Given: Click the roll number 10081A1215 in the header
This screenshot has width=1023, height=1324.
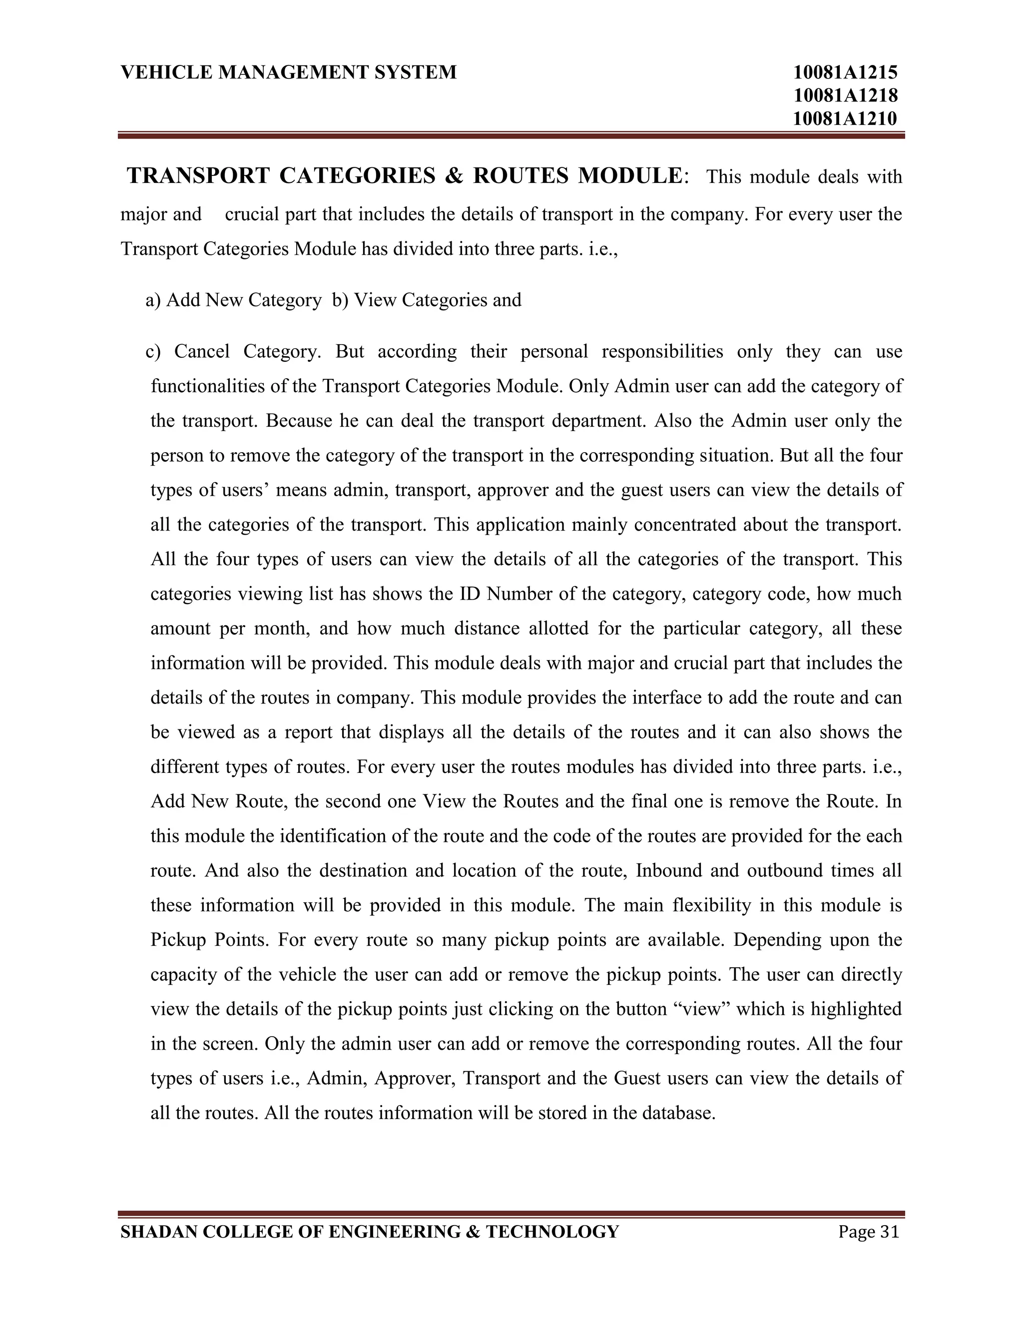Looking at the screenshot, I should [x=845, y=73].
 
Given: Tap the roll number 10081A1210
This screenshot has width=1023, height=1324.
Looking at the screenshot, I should [x=845, y=118].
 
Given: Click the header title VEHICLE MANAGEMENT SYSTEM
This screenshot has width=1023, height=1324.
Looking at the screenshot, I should [x=289, y=73].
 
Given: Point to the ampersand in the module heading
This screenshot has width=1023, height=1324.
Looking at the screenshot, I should [x=454, y=176].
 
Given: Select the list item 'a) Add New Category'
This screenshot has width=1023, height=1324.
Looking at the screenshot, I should [x=233, y=300].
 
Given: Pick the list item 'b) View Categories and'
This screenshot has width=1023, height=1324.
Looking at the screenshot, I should [x=427, y=300].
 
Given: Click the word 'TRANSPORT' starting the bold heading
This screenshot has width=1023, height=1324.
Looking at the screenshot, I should [x=198, y=176].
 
